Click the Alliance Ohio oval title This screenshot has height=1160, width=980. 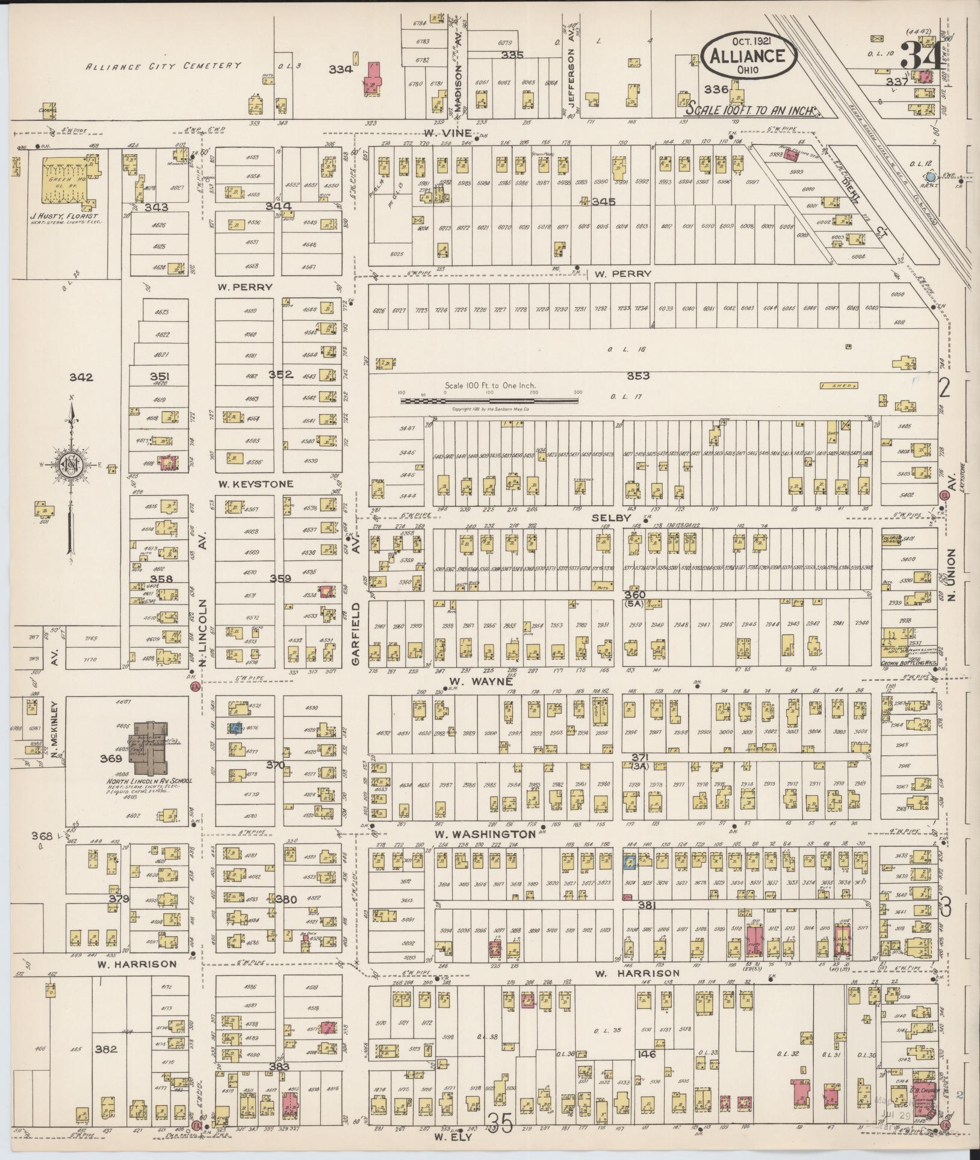tap(749, 55)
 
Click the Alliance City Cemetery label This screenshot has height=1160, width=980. tap(163, 66)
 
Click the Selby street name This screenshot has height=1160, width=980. tap(610, 518)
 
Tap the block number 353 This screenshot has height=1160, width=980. tap(638, 376)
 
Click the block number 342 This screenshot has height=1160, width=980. tap(81, 377)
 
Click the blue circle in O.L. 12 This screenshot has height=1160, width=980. tap(931, 177)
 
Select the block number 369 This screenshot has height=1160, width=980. tap(111, 758)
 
